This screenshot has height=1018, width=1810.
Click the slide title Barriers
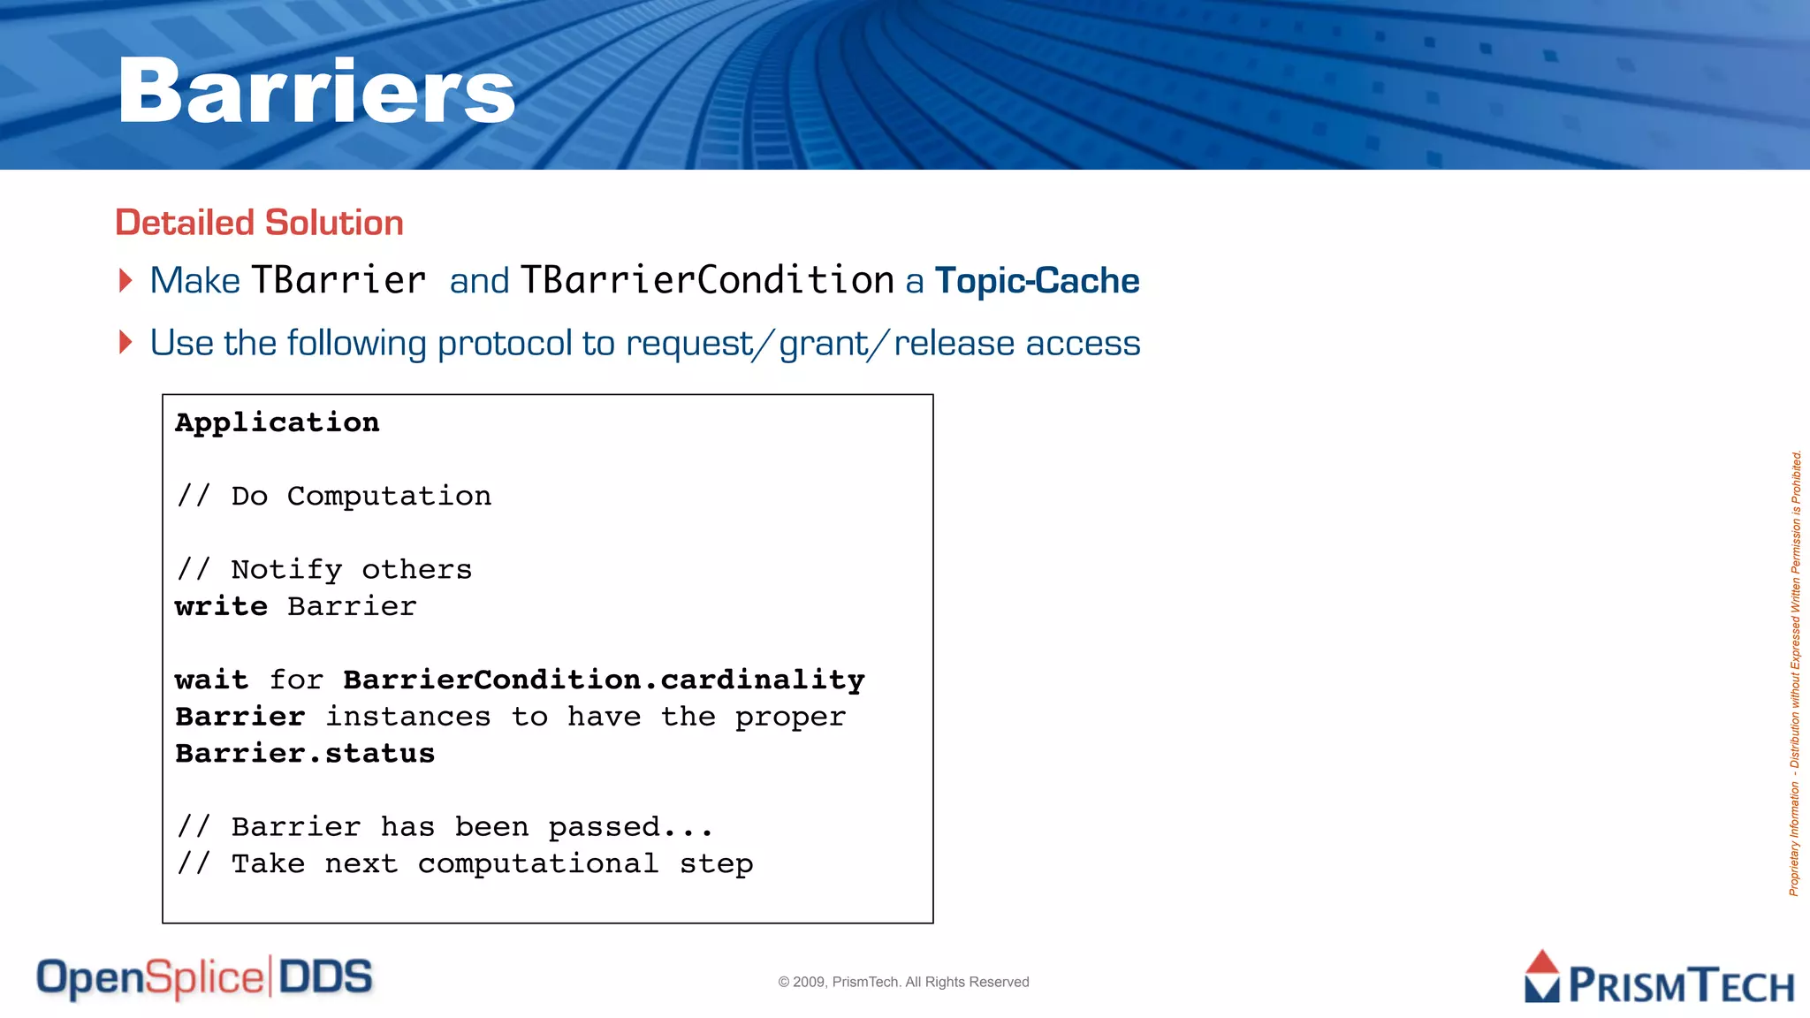point(316,91)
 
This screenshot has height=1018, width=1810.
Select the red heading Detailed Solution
point(259,223)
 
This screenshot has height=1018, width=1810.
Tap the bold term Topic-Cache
point(1037,281)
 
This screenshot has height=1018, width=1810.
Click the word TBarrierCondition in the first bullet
point(707,281)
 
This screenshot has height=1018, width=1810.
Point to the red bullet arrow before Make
point(125,281)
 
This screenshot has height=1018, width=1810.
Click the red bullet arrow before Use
point(125,343)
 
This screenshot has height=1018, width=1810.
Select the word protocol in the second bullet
point(505,344)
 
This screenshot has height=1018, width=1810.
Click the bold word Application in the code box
point(278,422)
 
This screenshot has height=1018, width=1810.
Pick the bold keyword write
point(221,607)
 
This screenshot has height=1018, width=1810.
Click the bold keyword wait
point(211,680)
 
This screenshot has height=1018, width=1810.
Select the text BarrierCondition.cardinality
point(604,680)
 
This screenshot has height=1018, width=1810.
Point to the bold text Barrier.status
point(305,754)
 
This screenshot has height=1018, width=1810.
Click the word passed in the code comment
point(605,828)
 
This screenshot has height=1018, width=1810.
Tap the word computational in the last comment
point(538,864)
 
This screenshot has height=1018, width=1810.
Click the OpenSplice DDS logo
point(204,978)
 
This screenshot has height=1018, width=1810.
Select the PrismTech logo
point(1658,979)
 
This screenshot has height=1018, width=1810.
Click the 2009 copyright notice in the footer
point(903,982)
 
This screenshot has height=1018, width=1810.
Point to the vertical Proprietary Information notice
point(1795,673)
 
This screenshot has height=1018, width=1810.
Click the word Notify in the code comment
point(286,570)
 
